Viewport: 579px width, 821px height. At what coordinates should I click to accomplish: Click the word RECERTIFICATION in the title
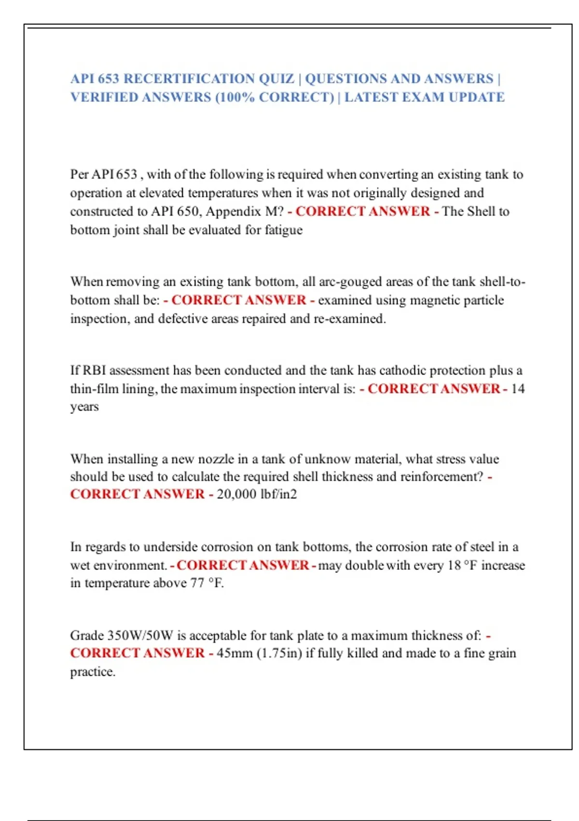tap(189, 79)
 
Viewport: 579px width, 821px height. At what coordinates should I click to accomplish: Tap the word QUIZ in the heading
tap(276, 79)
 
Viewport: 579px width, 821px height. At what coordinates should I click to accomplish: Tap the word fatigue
tap(283, 230)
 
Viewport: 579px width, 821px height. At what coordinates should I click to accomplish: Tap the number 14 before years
tap(517, 389)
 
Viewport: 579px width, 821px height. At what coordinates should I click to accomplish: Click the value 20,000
tap(236, 494)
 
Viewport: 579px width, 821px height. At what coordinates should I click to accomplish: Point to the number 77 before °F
tap(197, 583)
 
